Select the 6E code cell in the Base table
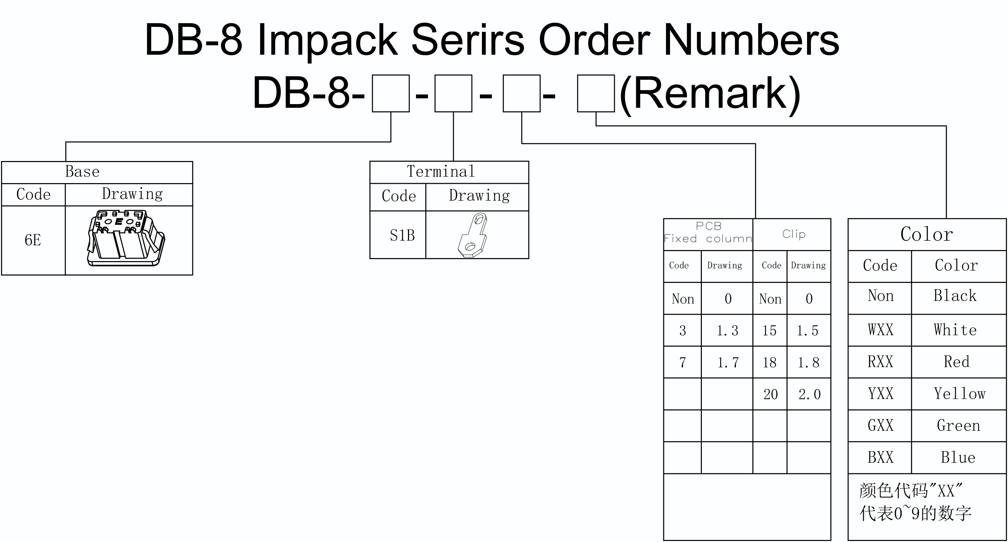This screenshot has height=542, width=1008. pyautogui.click(x=33, y=240)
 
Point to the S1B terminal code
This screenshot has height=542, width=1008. pyautogui.click(x=402, y=235)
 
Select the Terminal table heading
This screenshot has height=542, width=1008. pyautogui.click(x=441, y=171)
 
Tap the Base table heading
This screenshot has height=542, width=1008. pyautogui.click(x=82, y=171)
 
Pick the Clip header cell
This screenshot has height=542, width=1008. pyautogui.click(x=793, y=234)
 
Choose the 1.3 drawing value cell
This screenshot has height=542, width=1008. pyautogui.click(x=727, y=331)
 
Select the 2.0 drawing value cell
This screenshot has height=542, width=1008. pyautogui.click(x=809, y=394)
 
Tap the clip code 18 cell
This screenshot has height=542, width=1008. pyautogui.click(x=769, y=362)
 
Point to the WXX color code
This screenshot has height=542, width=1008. pyautogui.click(x=880, y=329)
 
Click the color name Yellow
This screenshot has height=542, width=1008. pyautogui.click(x=959, y=393)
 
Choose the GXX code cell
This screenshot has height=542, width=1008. pyautogui.click(x=880, y=425)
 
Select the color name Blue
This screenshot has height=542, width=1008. pyautogui.click(x=958, y=457)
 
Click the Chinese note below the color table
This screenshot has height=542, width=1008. pyautogui.click(x=915, y=502)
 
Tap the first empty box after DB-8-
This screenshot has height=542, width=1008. pyautogui.click(x=391, y=93)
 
